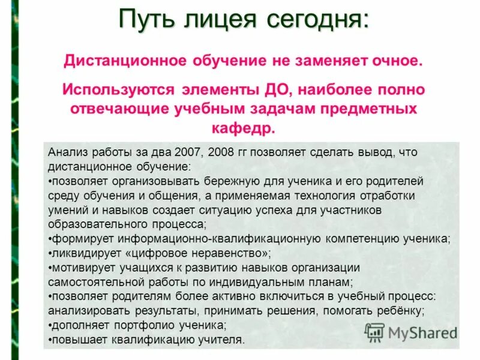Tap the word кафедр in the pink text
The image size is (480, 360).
pyautogui.click(x=243, y=128)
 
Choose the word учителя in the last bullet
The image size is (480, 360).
pyautogui.click(x=223, y=340)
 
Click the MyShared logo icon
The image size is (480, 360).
pyautogui.click(x=374, y=332)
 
